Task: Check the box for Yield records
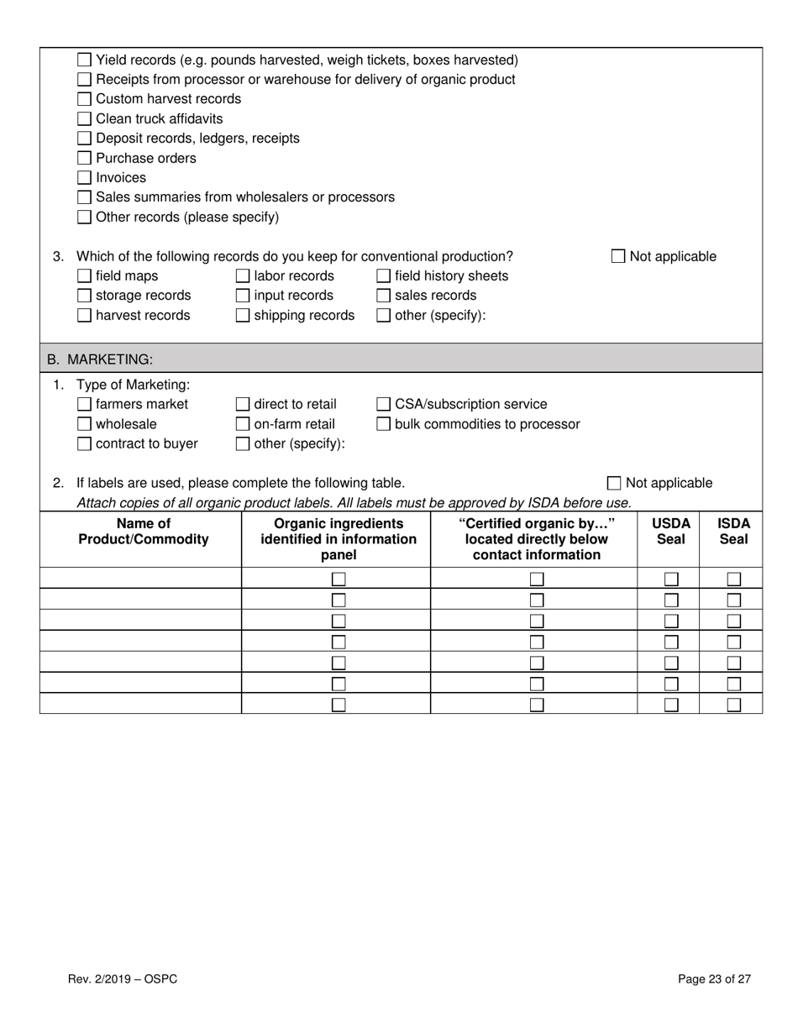tap(84, 60)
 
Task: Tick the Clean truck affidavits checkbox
tap(84, 118)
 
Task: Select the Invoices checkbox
tap(84, 177)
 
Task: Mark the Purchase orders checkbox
tap(84, 158)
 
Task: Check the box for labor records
tap(243, 275)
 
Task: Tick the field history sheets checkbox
tap(383, 275)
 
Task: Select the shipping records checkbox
tap(243, 315)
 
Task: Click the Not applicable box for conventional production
tap(618, 256)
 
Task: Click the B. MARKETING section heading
tap(100, 359)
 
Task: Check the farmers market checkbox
tap(84, 404)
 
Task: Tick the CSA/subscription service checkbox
tap(383, 404)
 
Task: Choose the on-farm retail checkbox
tap(243, 424)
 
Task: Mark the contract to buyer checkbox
tap(84, 443)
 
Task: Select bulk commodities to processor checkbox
tap(383, 424)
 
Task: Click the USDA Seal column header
tap(670, 531)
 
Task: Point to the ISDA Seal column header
tap(732, 531)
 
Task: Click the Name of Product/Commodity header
tap(143, 531)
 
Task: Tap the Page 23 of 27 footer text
tap(714, 978)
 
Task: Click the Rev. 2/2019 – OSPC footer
tap(123, 978)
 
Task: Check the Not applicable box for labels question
tap(614, 483)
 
